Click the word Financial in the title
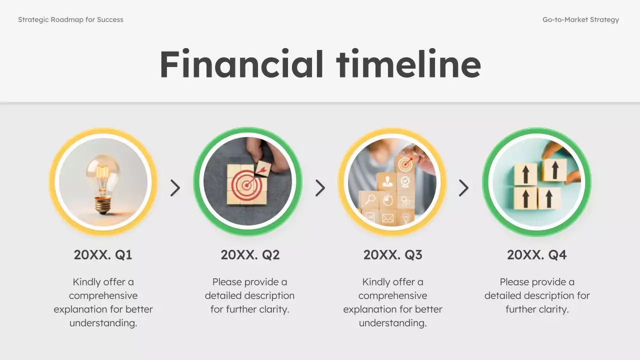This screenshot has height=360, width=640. [241, 64]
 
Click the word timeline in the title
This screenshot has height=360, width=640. [408, 64]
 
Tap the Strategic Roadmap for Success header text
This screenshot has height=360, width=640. [70, 20]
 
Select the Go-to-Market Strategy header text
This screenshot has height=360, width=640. [580, 20]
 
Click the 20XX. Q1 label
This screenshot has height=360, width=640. [103, 255]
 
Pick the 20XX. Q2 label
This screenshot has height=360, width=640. [250, 255]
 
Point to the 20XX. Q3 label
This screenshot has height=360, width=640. [392, 255]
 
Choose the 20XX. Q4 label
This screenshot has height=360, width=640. [536, 255]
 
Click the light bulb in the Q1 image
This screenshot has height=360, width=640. [103, 177]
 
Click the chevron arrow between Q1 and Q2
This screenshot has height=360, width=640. [175, 188]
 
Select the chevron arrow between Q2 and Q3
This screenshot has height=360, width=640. [320, 188]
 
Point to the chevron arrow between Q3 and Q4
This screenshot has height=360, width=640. [463, 188]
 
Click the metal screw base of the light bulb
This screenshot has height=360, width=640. [103, 204]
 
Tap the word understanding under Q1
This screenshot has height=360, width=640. [103, 323]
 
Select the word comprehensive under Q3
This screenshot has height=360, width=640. [392, 295]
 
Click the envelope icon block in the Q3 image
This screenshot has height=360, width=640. [388, 218]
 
